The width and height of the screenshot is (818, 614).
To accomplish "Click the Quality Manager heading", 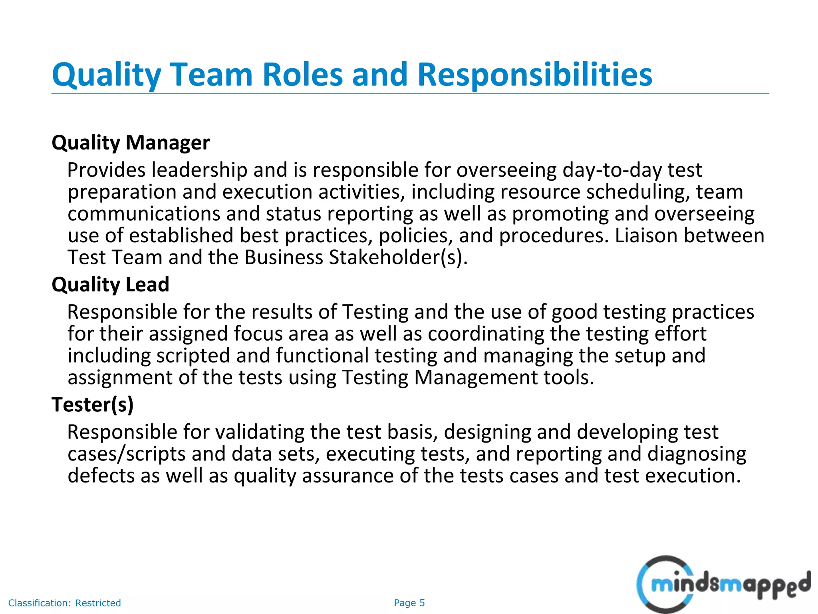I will click(131, 143).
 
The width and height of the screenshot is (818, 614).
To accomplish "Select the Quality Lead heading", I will click(110, 285).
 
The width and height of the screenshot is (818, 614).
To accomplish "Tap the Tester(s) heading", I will click(93, 405).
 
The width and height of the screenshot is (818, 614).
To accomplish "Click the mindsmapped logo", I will click(723, 584).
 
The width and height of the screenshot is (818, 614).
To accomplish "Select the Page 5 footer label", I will click(409, 603).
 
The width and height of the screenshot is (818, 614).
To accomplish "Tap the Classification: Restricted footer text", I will click(64, 603).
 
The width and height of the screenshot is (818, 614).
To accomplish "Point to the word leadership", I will click(199, 171).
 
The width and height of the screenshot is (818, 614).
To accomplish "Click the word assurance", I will click(347, 476).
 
